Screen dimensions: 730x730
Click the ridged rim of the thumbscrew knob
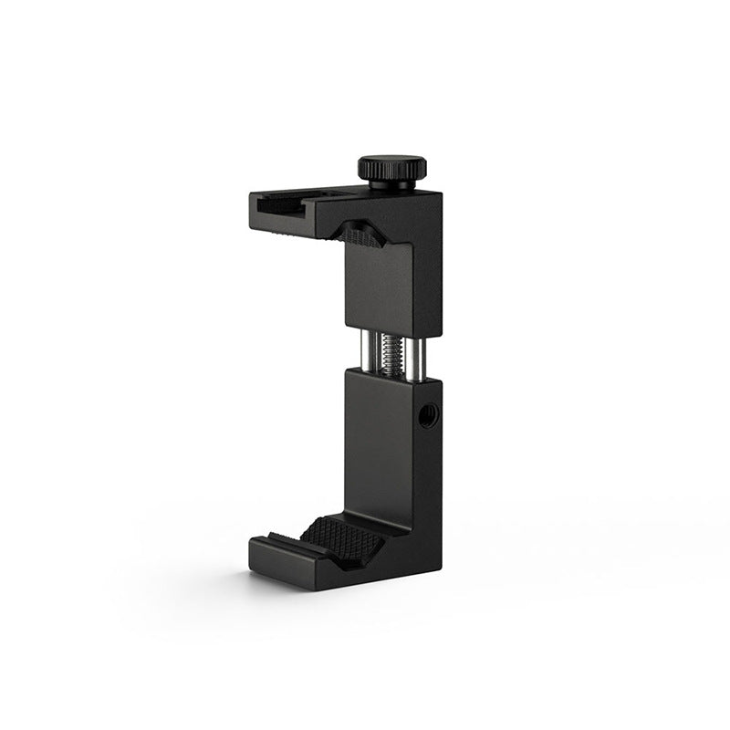[x=391, y=172]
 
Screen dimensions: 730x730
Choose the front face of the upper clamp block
[x=376, y=287]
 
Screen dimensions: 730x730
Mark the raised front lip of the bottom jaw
[x=283, y=544]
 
